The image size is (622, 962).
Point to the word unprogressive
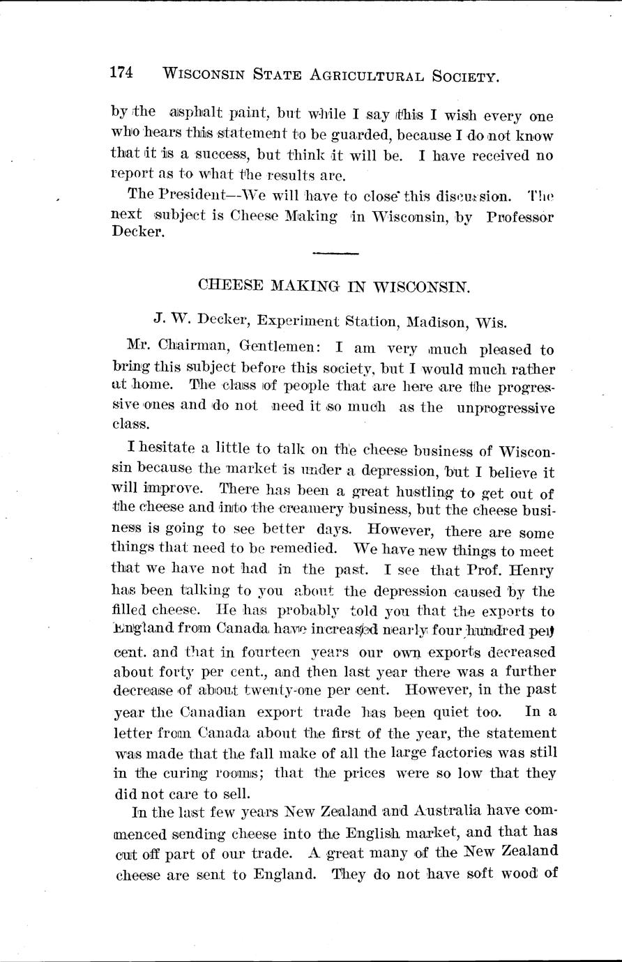coord(506,409)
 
